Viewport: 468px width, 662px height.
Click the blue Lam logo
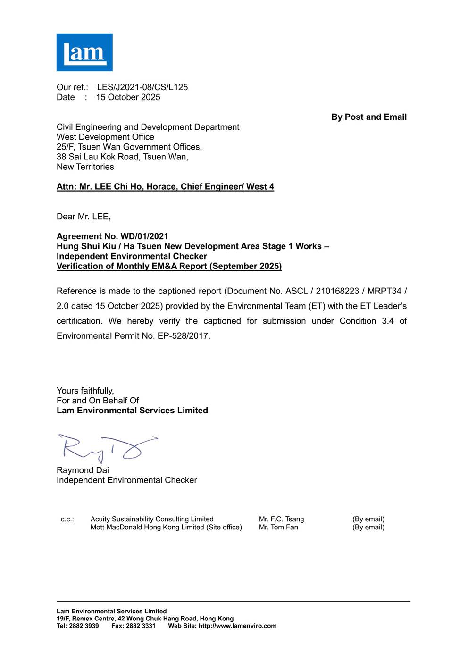point(84,52)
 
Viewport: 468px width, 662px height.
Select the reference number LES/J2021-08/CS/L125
point(142,87)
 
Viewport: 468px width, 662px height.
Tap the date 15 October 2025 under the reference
point(128,97)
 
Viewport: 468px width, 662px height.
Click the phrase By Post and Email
point(368,117)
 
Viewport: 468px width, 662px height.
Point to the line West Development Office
point(105,137)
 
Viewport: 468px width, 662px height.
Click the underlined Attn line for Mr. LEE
point(165,187)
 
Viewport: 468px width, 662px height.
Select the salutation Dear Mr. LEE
point(84,217)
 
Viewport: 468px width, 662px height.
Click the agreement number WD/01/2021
point(144,236)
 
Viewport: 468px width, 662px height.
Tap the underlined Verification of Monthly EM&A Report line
point(169,266)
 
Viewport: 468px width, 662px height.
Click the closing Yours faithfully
point(85,391)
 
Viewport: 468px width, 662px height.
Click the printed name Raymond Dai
point(83,470)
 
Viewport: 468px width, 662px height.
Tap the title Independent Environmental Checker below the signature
point(126,480)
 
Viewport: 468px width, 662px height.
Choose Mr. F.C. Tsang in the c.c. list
point(281,519)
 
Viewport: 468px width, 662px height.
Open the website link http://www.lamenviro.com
point(237,626)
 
